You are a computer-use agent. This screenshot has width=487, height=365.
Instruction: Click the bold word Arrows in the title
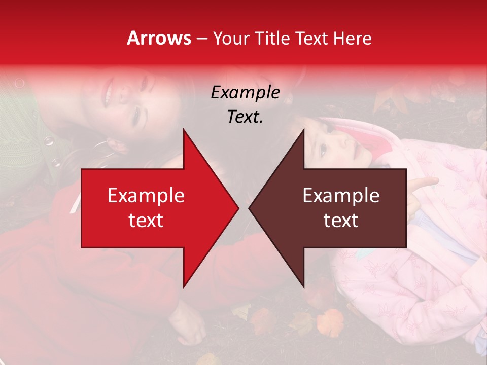point(159,38)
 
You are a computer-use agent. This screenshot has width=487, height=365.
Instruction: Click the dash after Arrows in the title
point(202,39)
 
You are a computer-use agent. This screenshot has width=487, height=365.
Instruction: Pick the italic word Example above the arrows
point(245,92)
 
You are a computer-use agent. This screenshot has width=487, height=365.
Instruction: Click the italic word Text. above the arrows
point(245,117)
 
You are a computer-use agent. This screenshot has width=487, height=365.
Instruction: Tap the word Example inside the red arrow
point(146,196)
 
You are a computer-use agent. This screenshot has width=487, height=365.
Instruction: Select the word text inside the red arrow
point(146,221)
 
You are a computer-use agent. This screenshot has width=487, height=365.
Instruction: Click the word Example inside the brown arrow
point(341,196)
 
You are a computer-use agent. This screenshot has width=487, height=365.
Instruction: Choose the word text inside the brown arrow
point(341,221)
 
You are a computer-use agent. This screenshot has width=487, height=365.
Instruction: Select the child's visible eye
point(323,148)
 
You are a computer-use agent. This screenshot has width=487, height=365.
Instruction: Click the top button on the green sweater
point(20,82)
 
